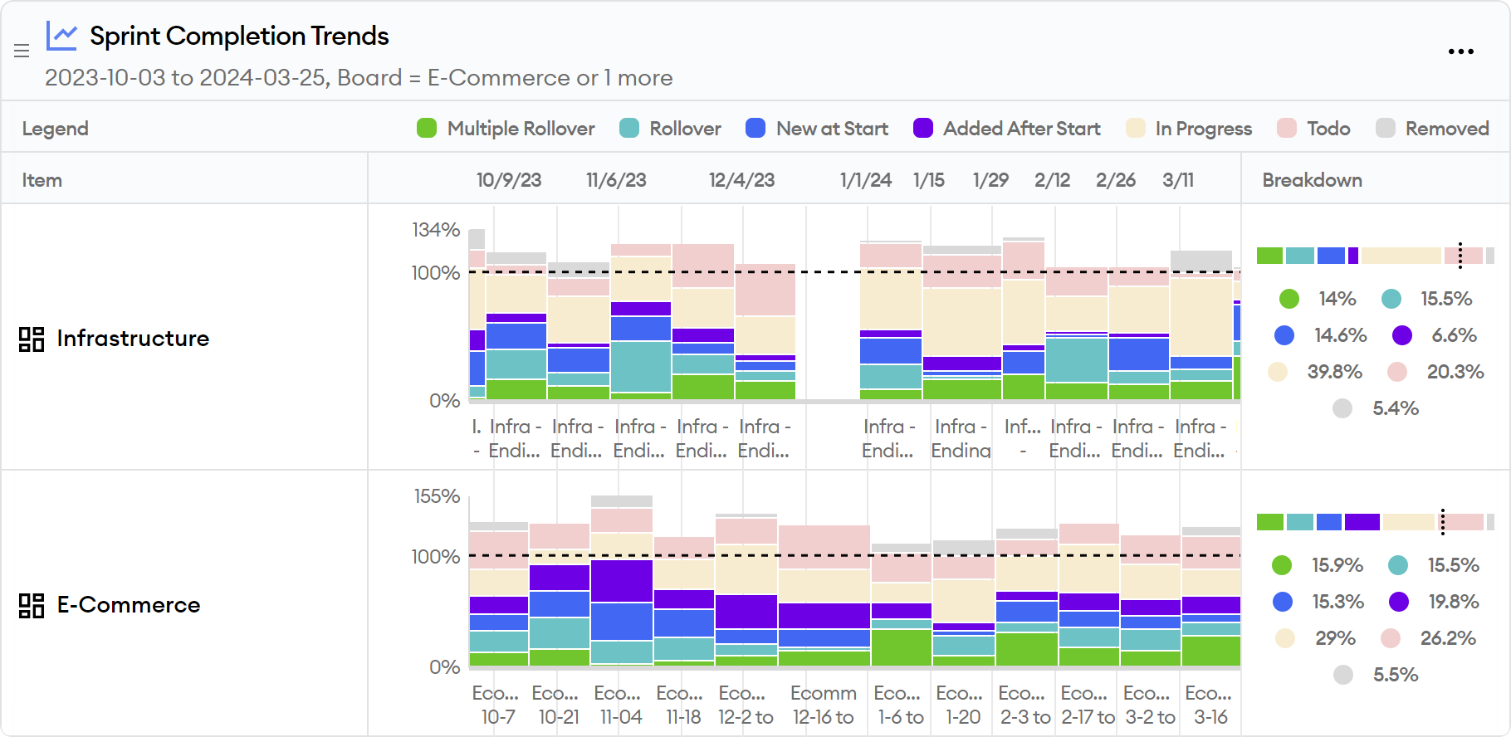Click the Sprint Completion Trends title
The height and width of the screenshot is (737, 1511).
pyautogui.click(x=238, y=36)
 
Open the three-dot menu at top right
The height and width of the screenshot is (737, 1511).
pyautogui.click(x=1460, y=51)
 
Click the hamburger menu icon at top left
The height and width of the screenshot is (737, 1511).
pyautogui.click(x=22, y=51)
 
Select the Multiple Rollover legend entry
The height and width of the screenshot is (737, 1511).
pyautogui.click(x=506, y=129)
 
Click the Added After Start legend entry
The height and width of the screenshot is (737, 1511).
pyautogui.click(x=1006, y=129)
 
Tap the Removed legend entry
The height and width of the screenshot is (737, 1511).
pyautogui.click(x=1432, y=129)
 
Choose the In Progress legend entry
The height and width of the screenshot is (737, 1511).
pyautogui.click(x=1189, y=129)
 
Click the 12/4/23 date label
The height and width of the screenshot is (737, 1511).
pyautogui.click(x=741, y=180)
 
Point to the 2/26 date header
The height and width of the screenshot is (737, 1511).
pyautogui.click(x=1115, y=180)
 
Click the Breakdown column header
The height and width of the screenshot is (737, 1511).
pyautogui.click(x=1312, y=180)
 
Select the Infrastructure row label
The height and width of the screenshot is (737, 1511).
pyautogui.click(x=133, y=339)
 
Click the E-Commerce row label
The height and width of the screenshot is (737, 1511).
pyautogui.click(x=128, y=605)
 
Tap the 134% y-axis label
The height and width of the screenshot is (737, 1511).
pyautogui.click(x=436, y=230)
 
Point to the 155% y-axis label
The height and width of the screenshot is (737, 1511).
pyautogui.click(x=437, y=496)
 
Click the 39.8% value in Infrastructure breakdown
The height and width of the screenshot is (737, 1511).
pyautogui.click(x=1334, y=372)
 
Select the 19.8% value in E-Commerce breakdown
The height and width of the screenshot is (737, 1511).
pyautogui.click(x=1453, y=602)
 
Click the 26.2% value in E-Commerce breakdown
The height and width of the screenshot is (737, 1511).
pyautogui.click(x=1447, y=638)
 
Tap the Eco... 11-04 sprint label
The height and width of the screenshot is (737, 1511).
pyautogui.click(x=619, y=705)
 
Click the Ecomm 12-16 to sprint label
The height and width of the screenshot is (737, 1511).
pyautogui.click(x=823, y=705)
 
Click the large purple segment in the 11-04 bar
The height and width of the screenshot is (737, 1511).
pyautogui.click(x=622, y=581)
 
